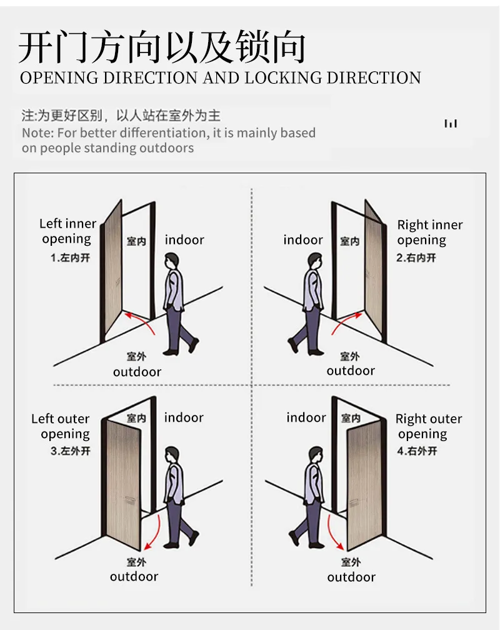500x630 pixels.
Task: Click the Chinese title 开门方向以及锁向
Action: pos(162,47)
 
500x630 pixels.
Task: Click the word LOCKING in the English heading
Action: pos(283,78)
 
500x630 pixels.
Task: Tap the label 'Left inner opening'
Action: pos(67,231)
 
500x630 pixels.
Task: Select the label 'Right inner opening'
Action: pos(430,232)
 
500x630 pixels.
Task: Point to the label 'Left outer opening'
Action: pos(61,426)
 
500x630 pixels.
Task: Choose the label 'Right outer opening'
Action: pos(429,426)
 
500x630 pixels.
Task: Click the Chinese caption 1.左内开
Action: pos(70,258)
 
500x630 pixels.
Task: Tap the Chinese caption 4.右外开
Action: pos(417,451)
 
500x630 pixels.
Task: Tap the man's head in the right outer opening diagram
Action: pos(316,455)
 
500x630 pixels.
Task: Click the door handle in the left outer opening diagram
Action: pos(130,500)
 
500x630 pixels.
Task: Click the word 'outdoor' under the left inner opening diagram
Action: pos(137,372)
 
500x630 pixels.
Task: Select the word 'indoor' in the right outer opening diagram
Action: pos(306,417)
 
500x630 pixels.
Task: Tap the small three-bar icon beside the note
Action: pos(451,123)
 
